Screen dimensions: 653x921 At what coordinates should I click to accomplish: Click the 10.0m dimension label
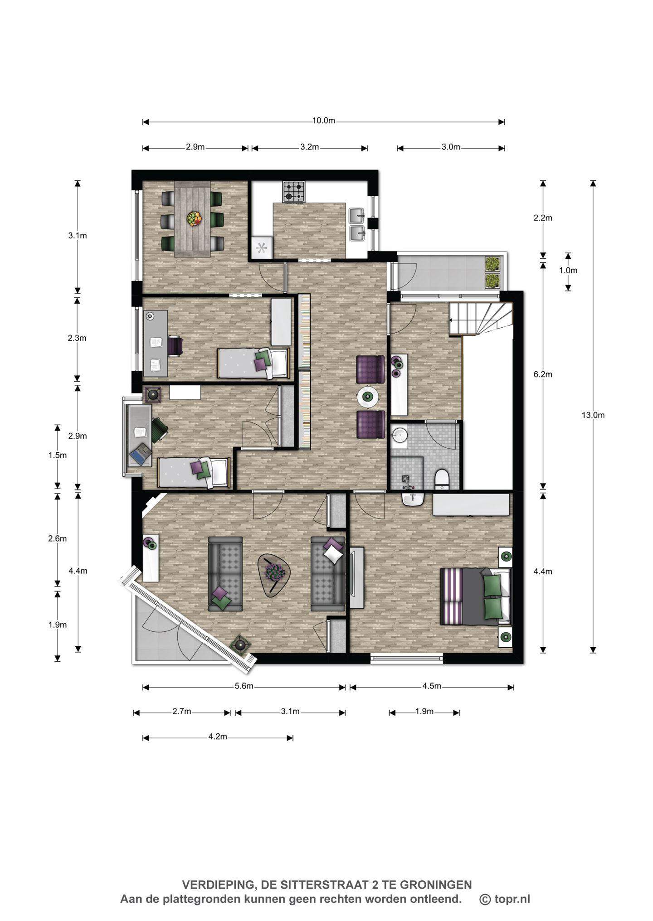(324, 121)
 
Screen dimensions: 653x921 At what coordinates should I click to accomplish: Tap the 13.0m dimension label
(593, 415)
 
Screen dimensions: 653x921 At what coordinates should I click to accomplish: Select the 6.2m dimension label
(543, 374)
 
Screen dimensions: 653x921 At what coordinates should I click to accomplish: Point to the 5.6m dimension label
(244, 686)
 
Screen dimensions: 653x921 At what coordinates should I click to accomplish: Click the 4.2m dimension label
(218, 737)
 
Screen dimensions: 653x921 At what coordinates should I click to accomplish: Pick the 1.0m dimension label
(568, 270)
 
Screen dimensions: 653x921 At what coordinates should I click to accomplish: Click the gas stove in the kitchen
(294, 191)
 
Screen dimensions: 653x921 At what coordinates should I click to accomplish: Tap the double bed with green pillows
(476, 596)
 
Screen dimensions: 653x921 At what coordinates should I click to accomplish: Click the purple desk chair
(175, 347)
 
